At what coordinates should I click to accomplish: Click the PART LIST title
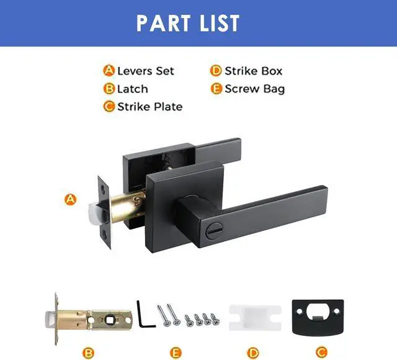(187, 23)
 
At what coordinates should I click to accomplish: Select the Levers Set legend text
(146, 71)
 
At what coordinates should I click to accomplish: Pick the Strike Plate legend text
(149, 106)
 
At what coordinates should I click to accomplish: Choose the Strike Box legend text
(253, 71)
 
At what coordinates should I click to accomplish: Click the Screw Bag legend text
(254, 89)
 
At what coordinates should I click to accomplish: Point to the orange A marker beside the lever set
(71, 200)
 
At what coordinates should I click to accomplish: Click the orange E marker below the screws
(176, 353)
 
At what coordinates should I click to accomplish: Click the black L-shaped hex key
(143, 313)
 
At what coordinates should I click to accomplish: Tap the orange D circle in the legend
(216, 71)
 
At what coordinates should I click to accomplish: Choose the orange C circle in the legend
(109, 106)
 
